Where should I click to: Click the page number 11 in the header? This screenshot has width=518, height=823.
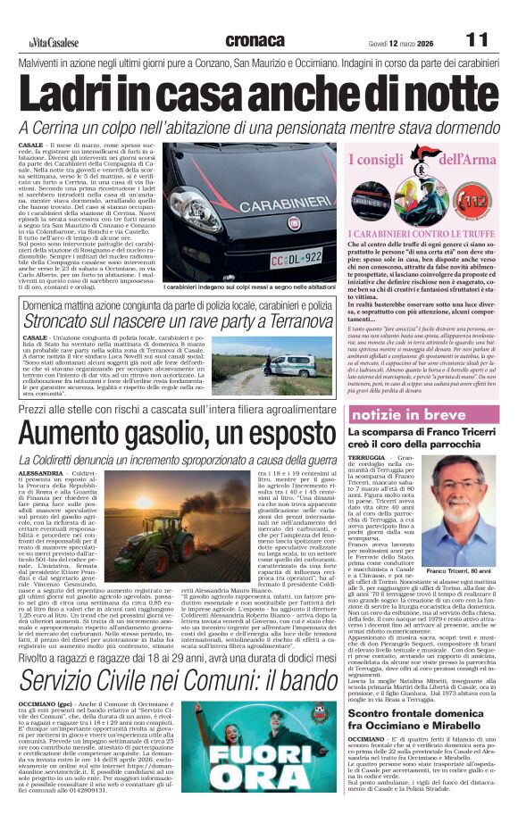coord(478,40)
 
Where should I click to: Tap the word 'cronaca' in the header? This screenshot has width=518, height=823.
coord(255,40)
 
